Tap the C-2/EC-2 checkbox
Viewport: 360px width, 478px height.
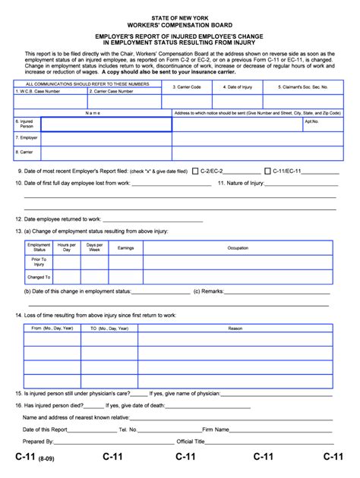195,171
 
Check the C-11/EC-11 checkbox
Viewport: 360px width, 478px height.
267,171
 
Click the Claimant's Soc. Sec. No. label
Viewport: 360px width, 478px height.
303,87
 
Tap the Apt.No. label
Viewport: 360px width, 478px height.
311,121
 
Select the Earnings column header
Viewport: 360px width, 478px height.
125,247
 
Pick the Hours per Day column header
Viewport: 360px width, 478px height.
67,247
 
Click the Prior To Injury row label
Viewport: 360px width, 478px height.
39,262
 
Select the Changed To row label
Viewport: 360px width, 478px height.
39,277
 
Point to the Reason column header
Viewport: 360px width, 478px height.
235,328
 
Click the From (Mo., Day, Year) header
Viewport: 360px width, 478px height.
52,328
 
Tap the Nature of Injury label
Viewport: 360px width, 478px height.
241,183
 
